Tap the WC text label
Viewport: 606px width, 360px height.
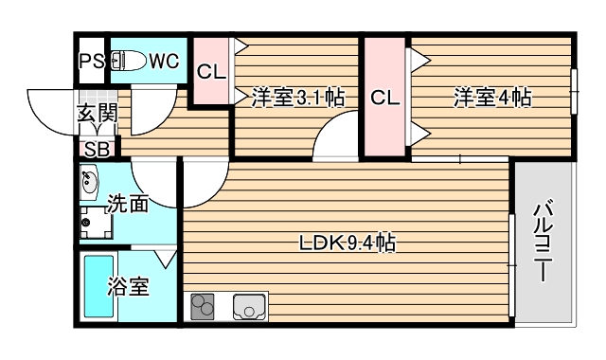click(164, 62)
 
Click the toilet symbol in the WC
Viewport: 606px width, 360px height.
click(126, 62)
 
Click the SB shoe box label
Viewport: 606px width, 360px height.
click(97, 149)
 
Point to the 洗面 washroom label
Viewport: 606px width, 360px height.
click(127, 203)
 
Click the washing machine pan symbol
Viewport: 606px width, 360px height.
click(95, 224)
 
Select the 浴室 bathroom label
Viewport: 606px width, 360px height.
click(129, 286)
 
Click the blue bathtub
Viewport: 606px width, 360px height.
click(98, 287)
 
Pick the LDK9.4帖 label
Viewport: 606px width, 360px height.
click(347, 243)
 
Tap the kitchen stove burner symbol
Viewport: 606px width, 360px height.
click(204, 308)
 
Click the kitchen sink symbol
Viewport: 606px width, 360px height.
click(249, 308)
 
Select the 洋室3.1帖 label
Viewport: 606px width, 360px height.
click(297, 97)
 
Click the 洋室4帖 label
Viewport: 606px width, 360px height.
click(491, 97)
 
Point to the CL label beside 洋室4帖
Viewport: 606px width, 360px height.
click(384, 98)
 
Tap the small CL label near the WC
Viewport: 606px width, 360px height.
click(210, 71)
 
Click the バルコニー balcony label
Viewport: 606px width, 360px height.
click(544, 242)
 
